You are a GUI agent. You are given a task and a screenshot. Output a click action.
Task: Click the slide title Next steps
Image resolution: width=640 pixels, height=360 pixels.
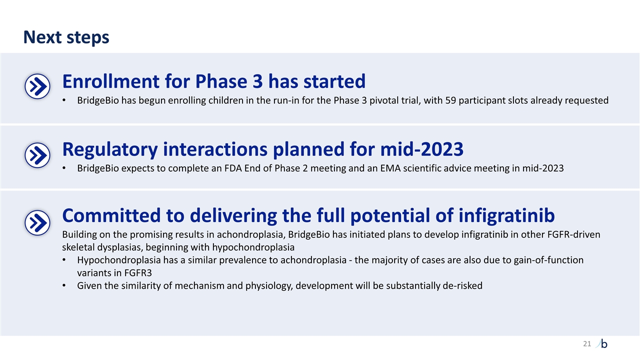(x=66, y=37)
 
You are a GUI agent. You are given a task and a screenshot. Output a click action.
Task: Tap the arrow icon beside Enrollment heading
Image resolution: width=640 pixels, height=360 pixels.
(x=37, y=87)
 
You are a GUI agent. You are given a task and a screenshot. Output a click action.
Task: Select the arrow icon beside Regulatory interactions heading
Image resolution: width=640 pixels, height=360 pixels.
(x=37, y=155)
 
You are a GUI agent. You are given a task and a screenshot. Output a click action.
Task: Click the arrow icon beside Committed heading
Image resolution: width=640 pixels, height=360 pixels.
(x=37, y=222)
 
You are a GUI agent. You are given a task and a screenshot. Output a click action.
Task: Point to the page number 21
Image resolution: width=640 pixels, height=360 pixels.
(x=586, y=343)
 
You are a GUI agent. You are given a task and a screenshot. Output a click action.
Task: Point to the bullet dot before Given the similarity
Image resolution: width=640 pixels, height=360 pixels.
(x=65, y=286)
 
